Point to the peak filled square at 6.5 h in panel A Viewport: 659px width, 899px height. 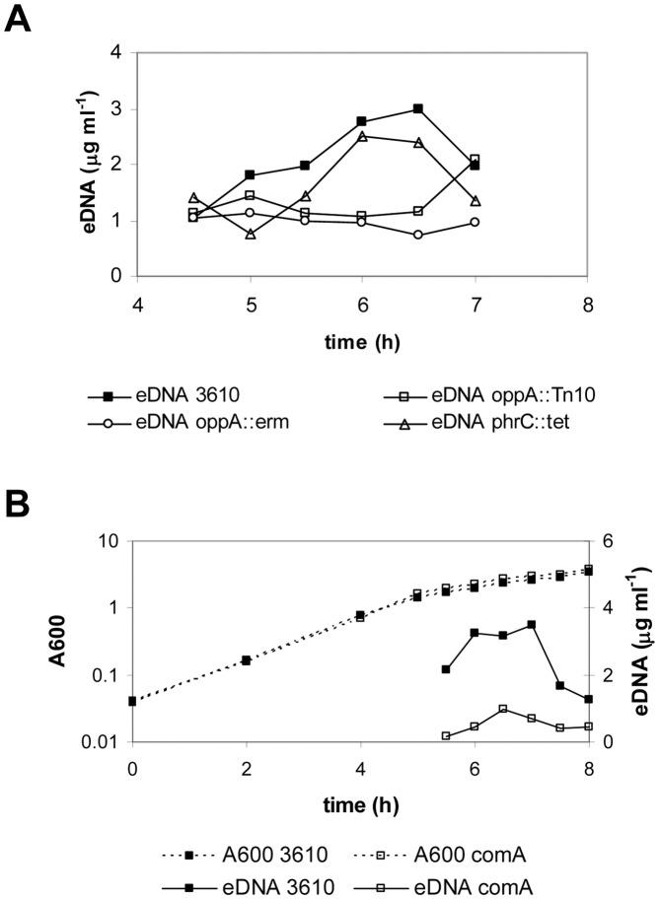tap(418, 108)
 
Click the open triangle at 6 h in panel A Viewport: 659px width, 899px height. tap(363, 136)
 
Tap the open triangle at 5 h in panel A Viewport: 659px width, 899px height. tap(251, 235)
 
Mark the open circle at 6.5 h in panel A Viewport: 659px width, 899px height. tap(418, 235)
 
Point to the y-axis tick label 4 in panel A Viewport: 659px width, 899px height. tap(116, 52)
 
